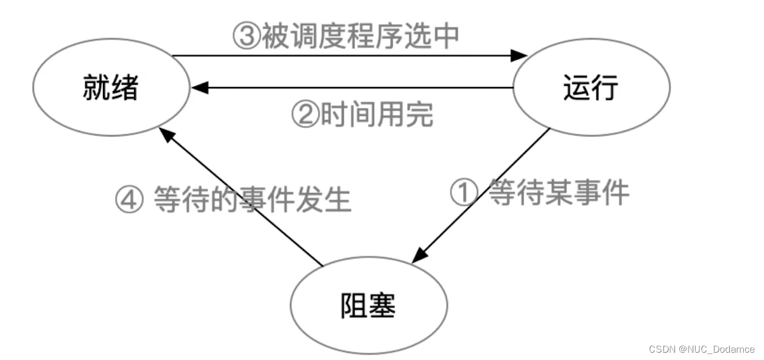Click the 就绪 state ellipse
[x=110, y=88]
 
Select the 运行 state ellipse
[x=591, y=88]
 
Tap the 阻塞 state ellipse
[x=369, y=305]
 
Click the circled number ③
[x=247, y=37]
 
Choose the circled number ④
[x=130, y=200]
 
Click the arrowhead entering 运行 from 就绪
[x=519, y=56]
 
